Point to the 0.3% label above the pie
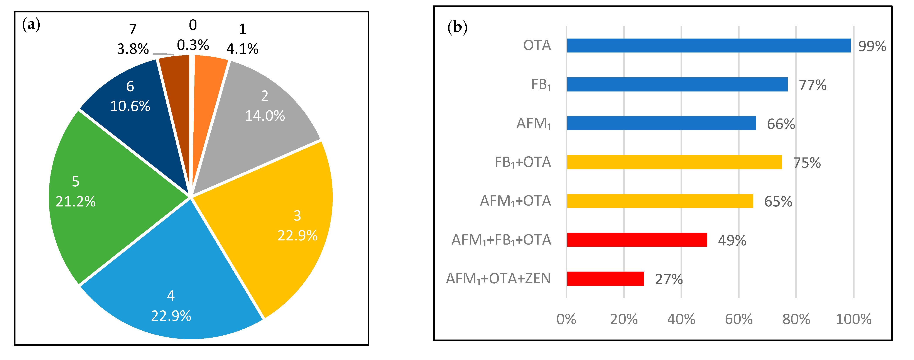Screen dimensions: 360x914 (193, 45)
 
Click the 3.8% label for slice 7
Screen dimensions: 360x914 (133, 49)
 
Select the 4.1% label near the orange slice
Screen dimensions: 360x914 (242, 49)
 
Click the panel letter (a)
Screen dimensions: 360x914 (31, 25)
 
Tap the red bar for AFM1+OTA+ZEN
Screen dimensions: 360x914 (605, 278)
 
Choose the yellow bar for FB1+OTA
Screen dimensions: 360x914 (674, 162)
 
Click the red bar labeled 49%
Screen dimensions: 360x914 (637, 240)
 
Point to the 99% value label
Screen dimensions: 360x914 (872, 46)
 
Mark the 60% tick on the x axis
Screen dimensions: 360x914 (738, 319)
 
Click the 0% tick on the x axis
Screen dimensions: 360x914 (566, 319)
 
